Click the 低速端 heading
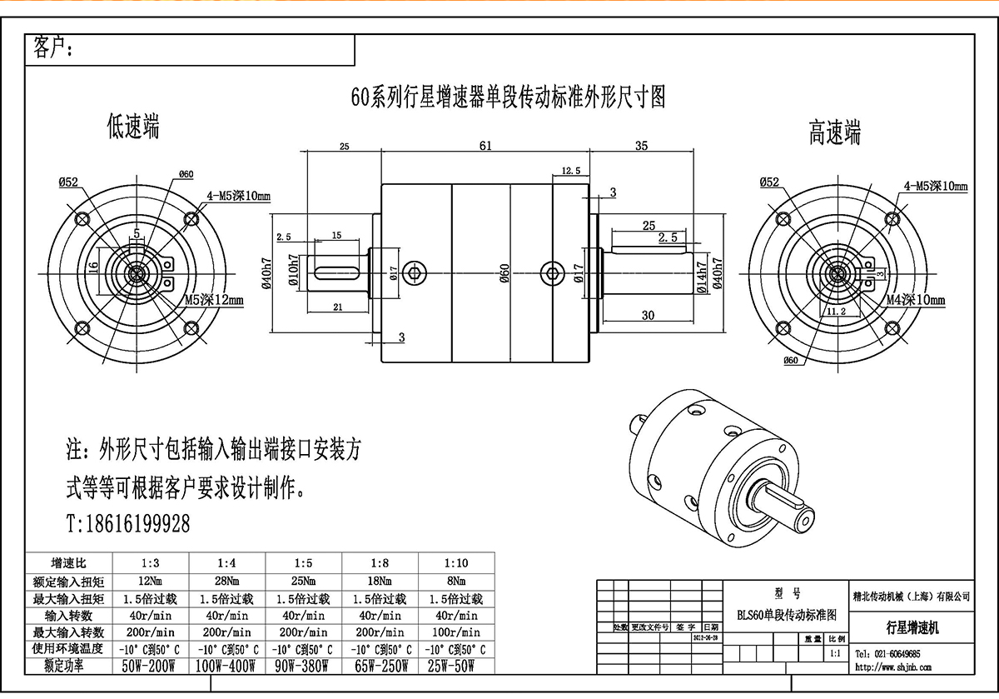coord(133,127)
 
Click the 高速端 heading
coord(834,133)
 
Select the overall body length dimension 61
coord(485,146)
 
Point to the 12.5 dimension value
coord(571,171)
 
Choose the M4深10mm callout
coord(915,299)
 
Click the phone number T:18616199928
coord(127,523)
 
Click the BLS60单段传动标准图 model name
coord(787,614)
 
